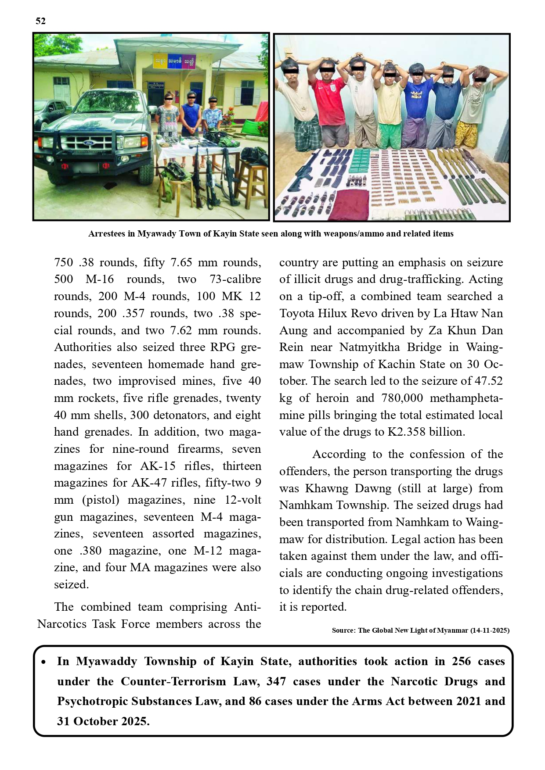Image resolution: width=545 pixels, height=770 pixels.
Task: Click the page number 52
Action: coord(40,21)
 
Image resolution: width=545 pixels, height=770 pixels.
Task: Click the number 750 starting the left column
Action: coord(64,262)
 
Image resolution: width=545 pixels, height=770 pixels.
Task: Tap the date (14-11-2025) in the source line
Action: coord(490,630)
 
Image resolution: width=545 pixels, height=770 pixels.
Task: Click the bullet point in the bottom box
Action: coord(43,662)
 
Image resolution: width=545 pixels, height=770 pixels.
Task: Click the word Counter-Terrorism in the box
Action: coord(173,681)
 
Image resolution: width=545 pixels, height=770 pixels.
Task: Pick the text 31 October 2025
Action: coord(103,721)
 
